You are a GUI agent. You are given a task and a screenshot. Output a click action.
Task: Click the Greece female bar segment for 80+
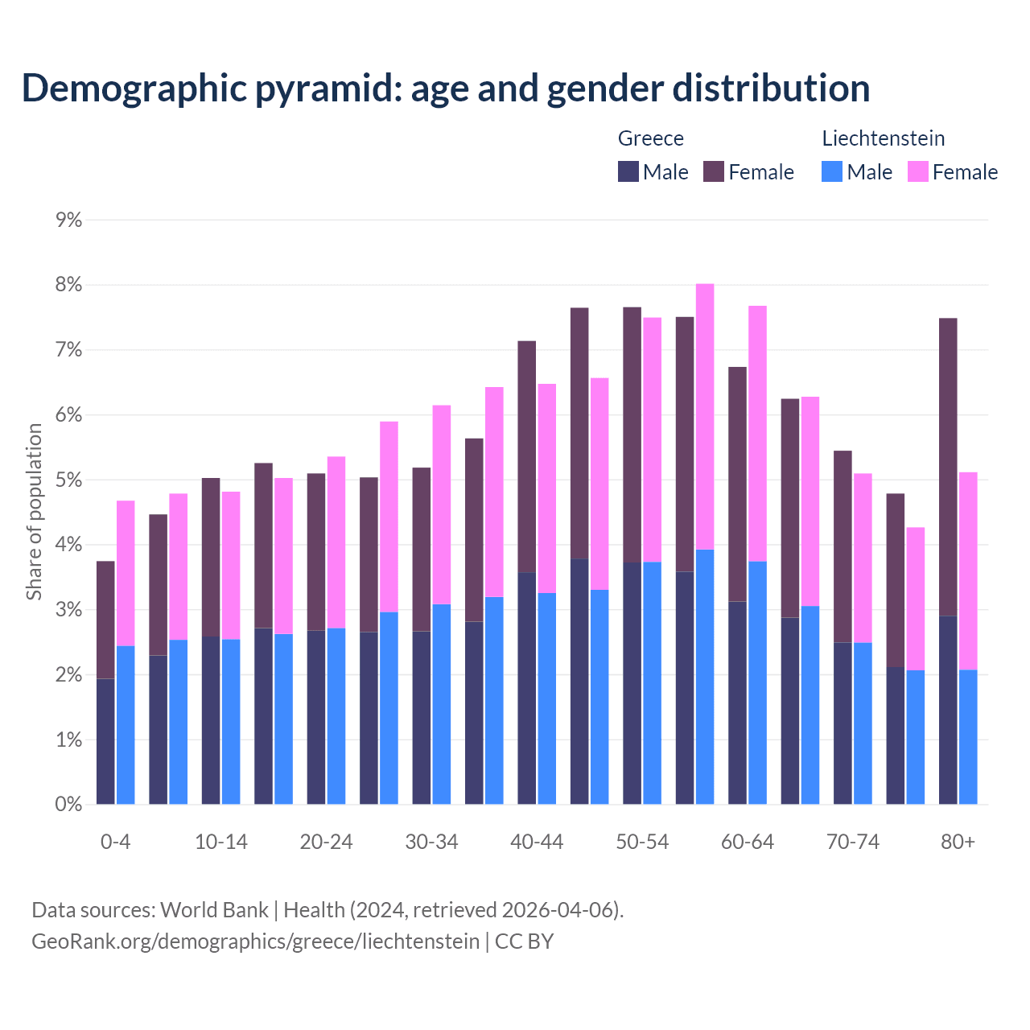(x=948, y=467)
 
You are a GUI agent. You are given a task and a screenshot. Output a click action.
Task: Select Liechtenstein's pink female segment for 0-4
(x=126, y=573)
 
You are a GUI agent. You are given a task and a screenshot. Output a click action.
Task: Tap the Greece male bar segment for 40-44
(x=527, y=688)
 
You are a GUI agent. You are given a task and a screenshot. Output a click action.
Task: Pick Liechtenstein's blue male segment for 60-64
(x=757, y=682)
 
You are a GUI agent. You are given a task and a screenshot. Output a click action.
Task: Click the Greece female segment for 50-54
(x=632, y=435)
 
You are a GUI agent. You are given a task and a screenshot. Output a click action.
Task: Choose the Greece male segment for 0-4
(x=105, y=741)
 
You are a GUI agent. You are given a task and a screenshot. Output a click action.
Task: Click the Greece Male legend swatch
(x=628, y=171)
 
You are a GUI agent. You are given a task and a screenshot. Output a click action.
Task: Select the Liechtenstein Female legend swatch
(x=917, y=171)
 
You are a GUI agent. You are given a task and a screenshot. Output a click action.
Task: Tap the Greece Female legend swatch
(x=714, y=171)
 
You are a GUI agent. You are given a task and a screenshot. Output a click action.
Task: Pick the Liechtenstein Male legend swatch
(x=832, y=171)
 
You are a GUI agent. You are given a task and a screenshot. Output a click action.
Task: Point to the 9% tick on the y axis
(x=69, y=220)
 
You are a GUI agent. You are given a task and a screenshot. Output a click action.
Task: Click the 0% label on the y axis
(x=69, y=804)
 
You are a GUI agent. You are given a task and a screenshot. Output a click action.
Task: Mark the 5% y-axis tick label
(x=69, y=480)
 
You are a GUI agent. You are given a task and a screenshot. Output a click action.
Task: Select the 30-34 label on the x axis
(x=431, y=842)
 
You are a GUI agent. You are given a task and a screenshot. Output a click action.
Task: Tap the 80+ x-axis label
(x=958, y=842)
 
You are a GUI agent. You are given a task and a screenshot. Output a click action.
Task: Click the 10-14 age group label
(x=221, y=842)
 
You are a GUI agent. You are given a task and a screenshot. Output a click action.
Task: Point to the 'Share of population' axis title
(x=34, y=512)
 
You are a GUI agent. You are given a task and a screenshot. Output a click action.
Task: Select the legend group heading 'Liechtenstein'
(x=883, y=138)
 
